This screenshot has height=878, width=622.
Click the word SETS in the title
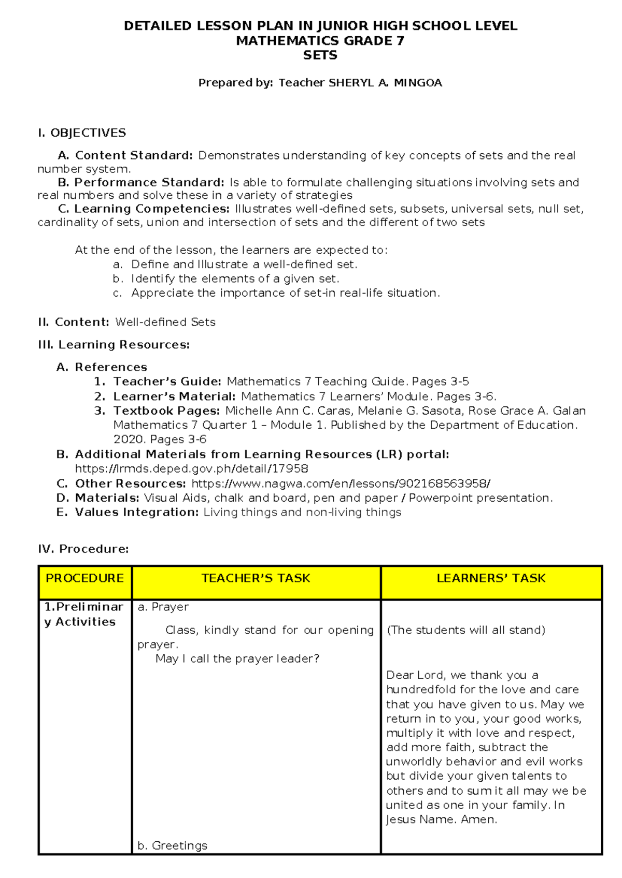[320, 55]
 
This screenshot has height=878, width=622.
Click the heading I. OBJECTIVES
[82, 133]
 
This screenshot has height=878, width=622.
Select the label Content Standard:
[134, 155]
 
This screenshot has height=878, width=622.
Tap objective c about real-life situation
[285, 293]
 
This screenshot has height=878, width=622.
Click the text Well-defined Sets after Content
[165, 322]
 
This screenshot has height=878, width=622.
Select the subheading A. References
[102, 367]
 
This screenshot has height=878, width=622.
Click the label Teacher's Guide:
[167, 382]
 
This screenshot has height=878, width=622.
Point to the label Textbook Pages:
[167, 411]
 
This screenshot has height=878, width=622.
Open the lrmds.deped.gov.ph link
[192, 469]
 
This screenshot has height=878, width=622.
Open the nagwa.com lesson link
[341, 484]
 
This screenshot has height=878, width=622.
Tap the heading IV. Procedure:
[83, 549]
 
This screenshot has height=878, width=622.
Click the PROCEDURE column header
[84, 578]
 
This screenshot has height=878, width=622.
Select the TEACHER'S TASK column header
[256, 578]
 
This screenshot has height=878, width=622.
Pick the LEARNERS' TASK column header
[491, 578]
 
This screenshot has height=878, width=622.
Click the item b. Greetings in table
[173, 845]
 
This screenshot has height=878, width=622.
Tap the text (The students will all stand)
[465, 630]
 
